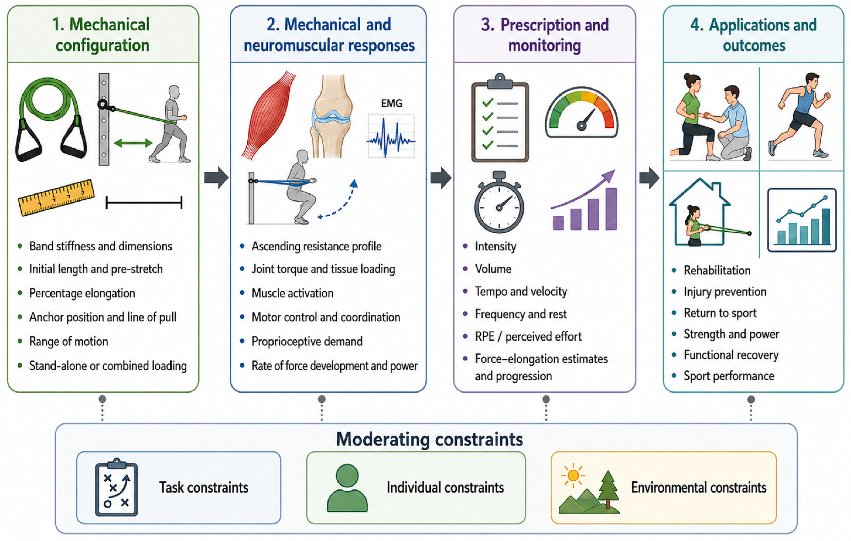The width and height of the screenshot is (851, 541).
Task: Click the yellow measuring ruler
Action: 57,198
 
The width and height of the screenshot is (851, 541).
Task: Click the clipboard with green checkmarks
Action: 500,118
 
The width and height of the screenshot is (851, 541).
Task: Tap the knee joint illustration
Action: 330,116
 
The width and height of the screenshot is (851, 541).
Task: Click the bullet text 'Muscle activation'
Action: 292,293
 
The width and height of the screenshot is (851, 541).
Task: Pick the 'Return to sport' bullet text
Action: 720,313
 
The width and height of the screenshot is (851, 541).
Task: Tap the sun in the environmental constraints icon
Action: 573,475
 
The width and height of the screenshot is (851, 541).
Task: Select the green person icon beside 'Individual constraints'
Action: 347,488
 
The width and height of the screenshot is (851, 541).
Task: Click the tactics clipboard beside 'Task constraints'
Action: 116,487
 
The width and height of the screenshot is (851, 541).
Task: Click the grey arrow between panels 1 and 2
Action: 216,178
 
